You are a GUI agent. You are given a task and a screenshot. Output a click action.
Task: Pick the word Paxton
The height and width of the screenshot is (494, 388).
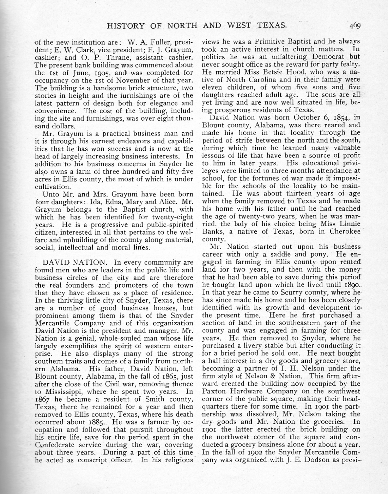pyautogui.click(x=214, y=392)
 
